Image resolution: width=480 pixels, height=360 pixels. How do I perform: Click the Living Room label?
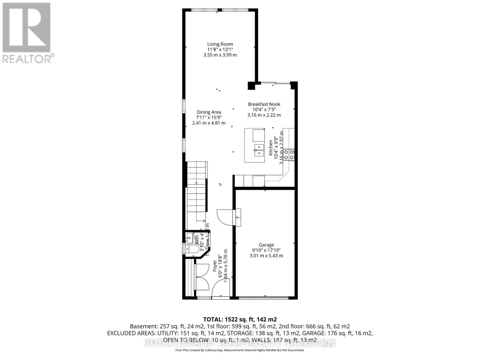(x=220, y=44)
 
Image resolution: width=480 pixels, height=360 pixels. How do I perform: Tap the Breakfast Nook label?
(x=264, y=104)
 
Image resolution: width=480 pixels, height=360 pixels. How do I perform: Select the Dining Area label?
(x=209, y=112)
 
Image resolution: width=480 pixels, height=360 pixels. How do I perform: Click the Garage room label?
(x=266, y=245)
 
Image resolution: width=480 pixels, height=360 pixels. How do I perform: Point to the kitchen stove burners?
(x=289, y=155)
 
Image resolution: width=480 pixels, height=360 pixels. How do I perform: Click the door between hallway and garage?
(x=224, y=217)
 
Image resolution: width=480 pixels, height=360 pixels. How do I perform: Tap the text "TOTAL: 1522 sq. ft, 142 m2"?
(x=240, y=319)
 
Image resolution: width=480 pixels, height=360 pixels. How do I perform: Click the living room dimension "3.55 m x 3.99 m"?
(x=220, y=55)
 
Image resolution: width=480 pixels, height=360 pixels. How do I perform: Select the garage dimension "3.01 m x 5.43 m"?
(x=266, y=256)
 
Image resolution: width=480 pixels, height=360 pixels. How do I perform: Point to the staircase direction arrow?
(x=196, y=183)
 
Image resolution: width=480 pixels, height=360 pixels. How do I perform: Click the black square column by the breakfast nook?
(x=251, y=86)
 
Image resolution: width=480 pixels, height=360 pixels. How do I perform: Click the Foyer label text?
(x=215, y=266)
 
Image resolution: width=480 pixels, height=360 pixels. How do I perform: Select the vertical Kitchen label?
(x=271, y=148)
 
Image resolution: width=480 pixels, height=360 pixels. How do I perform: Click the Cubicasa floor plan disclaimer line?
(x=240, y=350)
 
